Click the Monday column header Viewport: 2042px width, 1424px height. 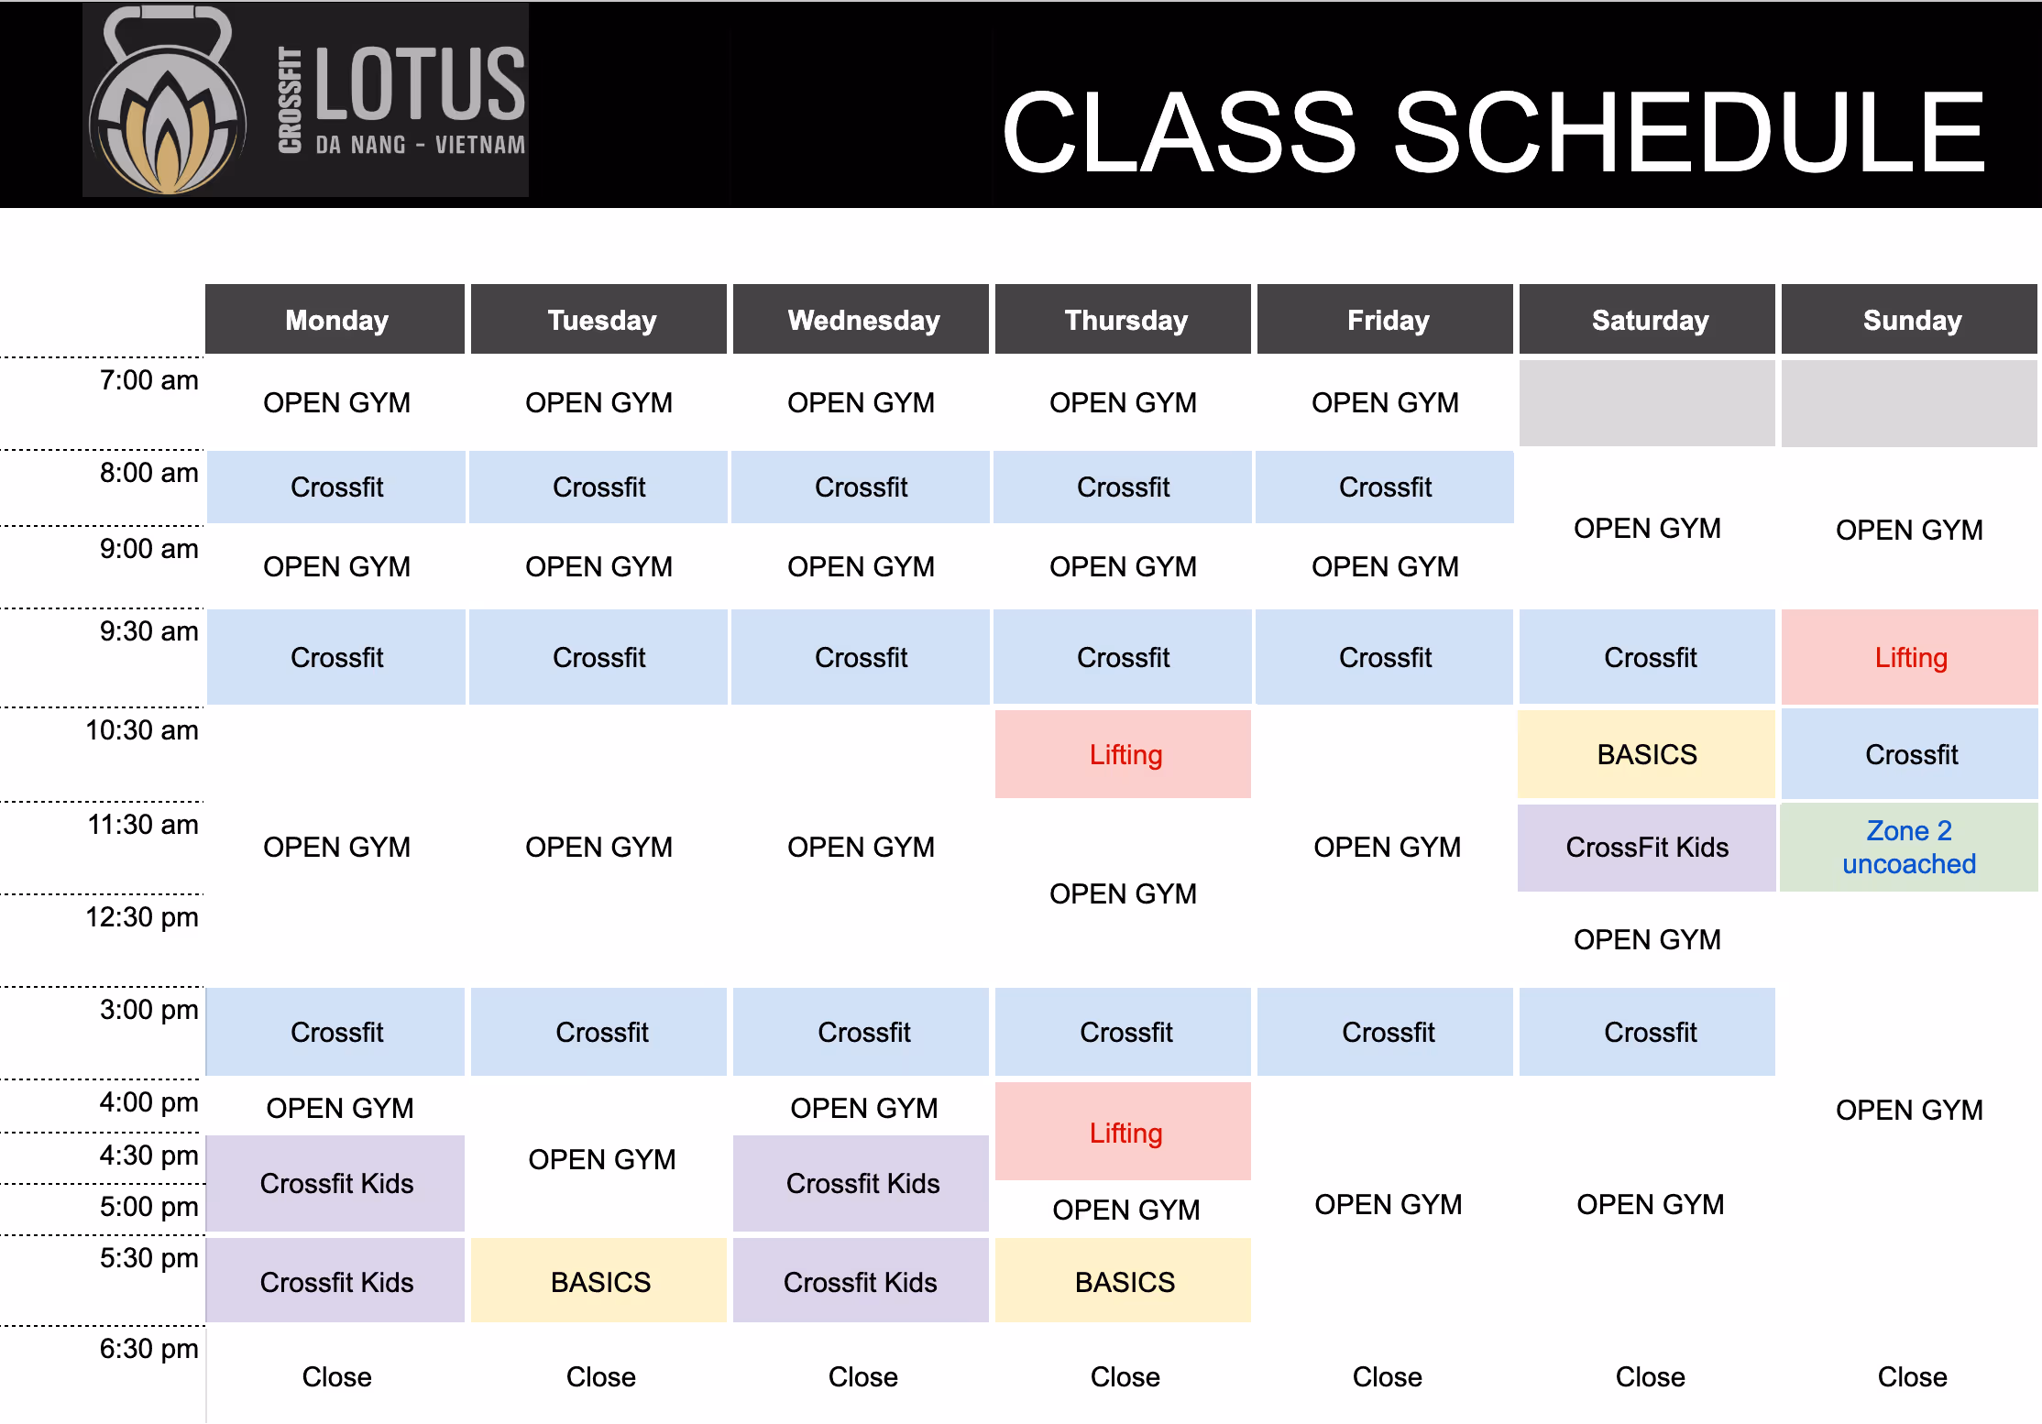[x=335, y=320]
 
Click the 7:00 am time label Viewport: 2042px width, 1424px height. [x=148, y=380]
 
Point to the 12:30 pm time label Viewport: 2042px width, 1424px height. [x=142, y=917]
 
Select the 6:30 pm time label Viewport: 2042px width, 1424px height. [x=148, y=1349]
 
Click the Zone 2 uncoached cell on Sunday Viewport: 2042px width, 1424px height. [x=1909, y=848]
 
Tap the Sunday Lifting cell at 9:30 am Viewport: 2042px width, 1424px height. [x=1910, y=657]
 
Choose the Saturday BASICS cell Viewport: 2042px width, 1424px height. [x=1647, y=754]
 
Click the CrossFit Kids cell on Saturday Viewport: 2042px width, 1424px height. [x=1647, y=848]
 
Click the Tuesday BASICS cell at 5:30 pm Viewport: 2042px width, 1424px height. [x=599, y=1281]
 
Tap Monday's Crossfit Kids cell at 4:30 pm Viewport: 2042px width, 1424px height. [x=336, y=1183]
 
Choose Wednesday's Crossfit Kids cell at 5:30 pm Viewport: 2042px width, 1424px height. [x=861, y=1281]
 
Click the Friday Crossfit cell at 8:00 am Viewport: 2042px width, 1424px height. [x=1385, y=487]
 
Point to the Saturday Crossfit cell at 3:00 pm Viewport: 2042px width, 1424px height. [x=1649, y=1032]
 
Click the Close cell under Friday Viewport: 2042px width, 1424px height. [x=1387, y=1376]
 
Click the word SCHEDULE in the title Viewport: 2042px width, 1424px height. [x=1688, y=133]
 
